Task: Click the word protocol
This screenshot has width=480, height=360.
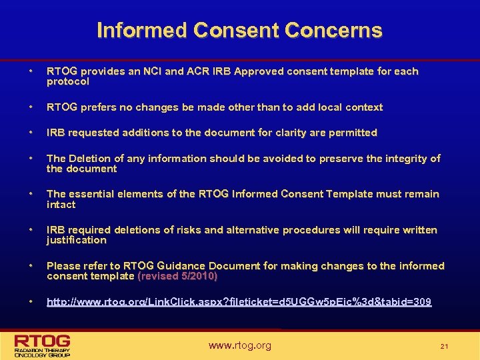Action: pos(67,81)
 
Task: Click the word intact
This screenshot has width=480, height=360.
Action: pos(61,205)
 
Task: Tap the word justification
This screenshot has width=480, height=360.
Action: pos(76,240)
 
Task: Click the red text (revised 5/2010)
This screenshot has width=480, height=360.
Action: pos(177,276)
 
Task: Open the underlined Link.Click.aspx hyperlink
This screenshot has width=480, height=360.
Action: pos(239,302)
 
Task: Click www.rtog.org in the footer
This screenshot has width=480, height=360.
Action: pos(239,345)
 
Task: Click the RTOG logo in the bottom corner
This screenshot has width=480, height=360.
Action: pos(43,345)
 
